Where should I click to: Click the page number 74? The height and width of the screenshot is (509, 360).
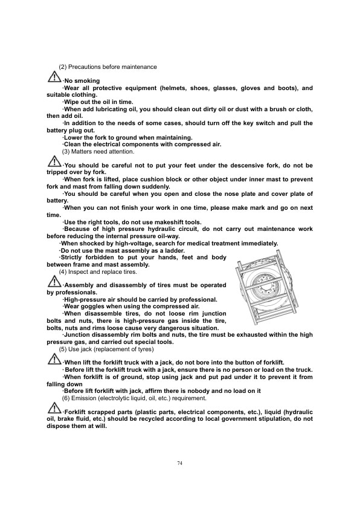tap(180, 463)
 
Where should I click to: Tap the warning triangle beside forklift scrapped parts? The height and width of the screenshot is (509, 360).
tap(54, 410)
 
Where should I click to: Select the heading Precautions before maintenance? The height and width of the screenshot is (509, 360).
tap(111, 66)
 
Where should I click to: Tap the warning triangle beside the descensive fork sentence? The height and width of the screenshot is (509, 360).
tap(54, 163)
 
